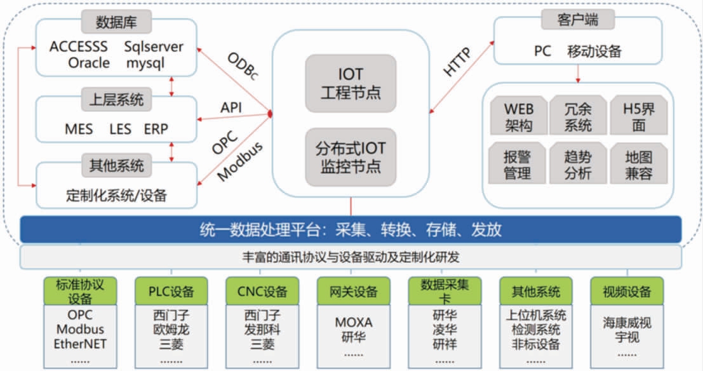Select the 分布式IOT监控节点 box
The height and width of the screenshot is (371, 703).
[x=351, y=157]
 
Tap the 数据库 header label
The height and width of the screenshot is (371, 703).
[x=116, y=23]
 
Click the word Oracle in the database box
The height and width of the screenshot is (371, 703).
[x=89, y=63]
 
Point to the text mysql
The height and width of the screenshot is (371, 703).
[x=145, y=63]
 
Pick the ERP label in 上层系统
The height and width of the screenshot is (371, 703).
[x=157, y=129]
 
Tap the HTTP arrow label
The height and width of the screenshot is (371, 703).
[x=458, y=62]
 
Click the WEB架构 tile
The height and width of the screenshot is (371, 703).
[x=518, y=116]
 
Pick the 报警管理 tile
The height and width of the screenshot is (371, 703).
[x=518, y=164]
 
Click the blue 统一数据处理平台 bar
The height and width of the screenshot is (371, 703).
[x=351, y=229]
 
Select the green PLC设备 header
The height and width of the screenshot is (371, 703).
[x=171, y=292]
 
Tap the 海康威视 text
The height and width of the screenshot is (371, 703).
[x=627, y=323]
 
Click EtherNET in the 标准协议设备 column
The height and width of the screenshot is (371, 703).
[x=80, y=344]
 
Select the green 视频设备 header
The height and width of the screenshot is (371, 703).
[x=627, y=292]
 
